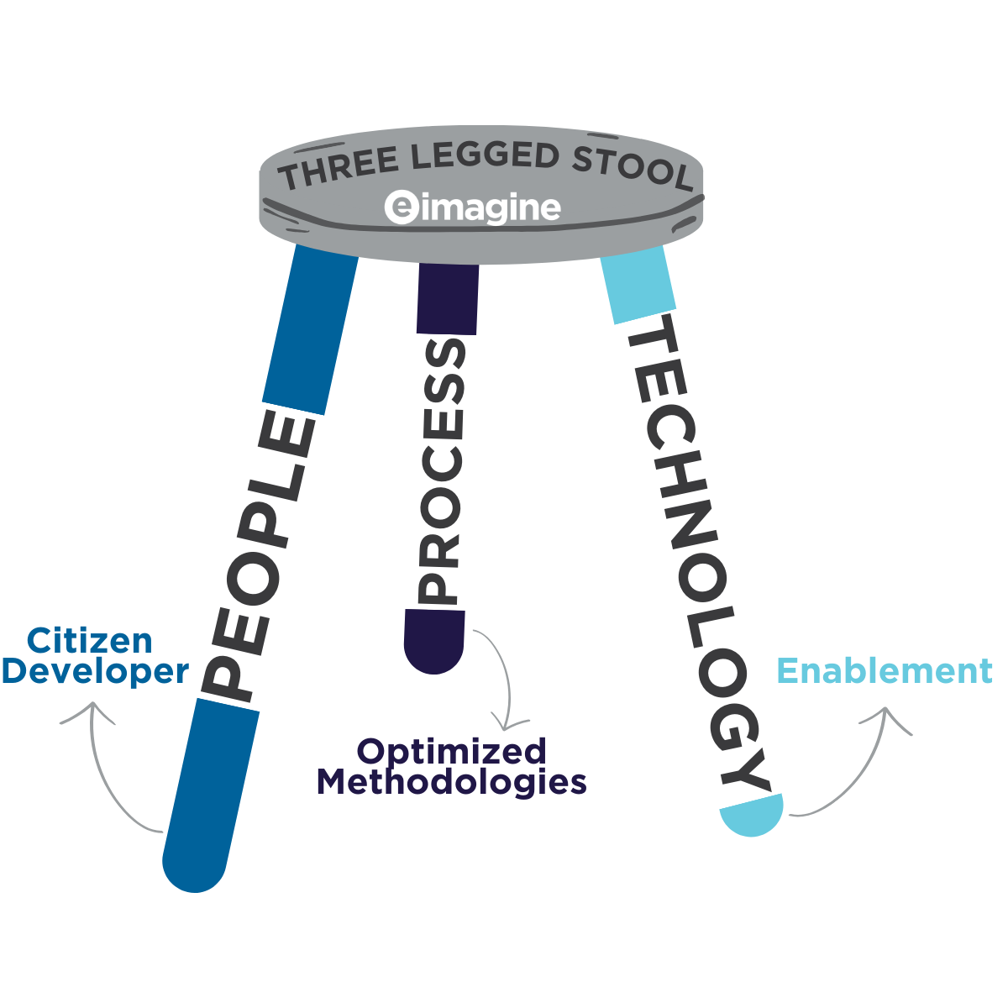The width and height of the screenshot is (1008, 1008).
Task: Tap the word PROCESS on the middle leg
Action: pyautogui.click(x=443, y=471)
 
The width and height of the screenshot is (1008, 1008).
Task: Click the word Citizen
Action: pyautogui.click(x=90, y=641)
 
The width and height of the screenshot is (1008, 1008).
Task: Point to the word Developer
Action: pyautogui.click(x=94, y=672)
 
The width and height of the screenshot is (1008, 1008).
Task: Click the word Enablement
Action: pyautogui.click(x=885, y=671)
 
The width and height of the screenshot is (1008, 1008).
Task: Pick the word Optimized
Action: pyautogui.click(x=452, y=751)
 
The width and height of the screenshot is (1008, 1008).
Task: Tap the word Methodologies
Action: pyautogui.click(x=451, y=782)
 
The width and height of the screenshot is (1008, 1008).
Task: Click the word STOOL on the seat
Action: pyautogui.click(x=632, y=167)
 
